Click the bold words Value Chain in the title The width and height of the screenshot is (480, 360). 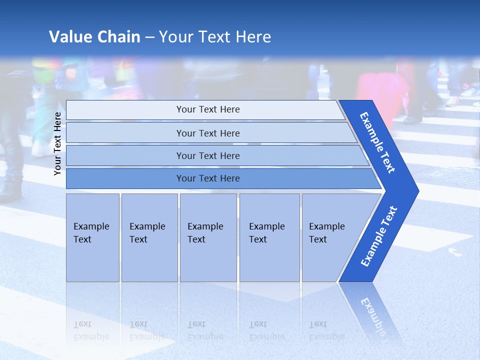pyautogui.click(x=94, y=37)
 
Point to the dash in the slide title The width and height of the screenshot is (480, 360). pyautogui.click(x=149, y=37)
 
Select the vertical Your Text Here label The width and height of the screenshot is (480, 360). pyautogui.click(x=57, y=143)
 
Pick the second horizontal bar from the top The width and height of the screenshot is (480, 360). pyautogui.click(x=208, y=133)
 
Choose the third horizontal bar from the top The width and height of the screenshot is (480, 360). pyautogui.click(x=208, y=155)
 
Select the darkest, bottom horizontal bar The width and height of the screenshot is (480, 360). pyautogui.click(x=208, y=178)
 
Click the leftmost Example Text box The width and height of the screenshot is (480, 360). pyautogui.click(x=92, y=237)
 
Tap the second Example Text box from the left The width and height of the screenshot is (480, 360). pyautogui.click(x=149, y=237)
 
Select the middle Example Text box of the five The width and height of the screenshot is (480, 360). pyautogui.click(x=207, y=237)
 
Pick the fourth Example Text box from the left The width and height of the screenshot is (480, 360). pyautogui.click(x=269, y=237)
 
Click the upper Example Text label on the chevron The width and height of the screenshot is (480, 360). pyautogui.click(x=377, y=142)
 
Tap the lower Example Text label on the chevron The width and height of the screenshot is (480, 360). pyautogui.click(x=379, y=236)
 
